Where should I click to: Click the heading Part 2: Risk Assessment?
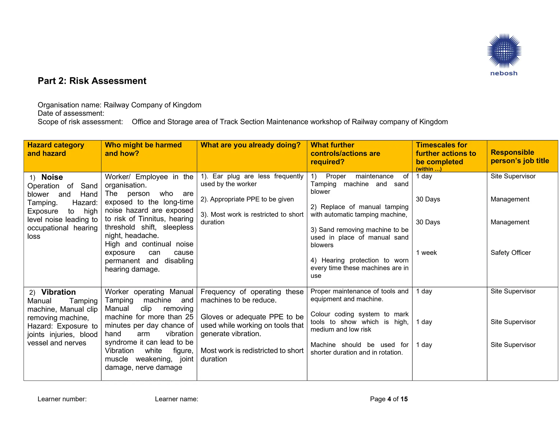(x=92, y=81)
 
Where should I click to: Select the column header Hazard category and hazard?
(x=56, y=149)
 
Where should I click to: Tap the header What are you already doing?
(x=250, y=145)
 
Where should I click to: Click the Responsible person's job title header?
(x=520, y=156)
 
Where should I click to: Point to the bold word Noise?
(x=52, y=177)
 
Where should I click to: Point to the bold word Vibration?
(x=58, y=292)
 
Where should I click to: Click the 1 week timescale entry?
(x=426, y=253)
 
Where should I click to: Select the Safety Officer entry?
(x=510, y=253)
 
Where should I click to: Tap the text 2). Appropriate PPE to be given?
(x=247, y=199)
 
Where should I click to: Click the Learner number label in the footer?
(x=62, y=399)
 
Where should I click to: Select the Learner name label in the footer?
(x=176, y=399)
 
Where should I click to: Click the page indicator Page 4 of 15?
(x=389, y=399)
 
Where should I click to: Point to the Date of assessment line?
(x=71, y=113)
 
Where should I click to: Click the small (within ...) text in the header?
(x=429, y=169)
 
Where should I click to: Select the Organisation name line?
(x=119, y=105)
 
